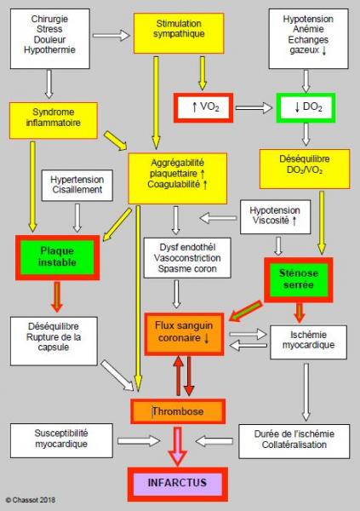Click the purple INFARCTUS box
178,485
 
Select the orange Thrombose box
178,411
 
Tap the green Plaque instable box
57,257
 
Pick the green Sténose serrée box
299,279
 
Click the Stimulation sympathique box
179,33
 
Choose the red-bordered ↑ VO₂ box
203,108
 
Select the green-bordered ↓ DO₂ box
306,108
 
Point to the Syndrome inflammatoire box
54,121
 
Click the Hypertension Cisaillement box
77,185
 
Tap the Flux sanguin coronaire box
184,334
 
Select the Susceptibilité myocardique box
61,440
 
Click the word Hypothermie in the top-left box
49,50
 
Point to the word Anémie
308,29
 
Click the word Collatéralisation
294,445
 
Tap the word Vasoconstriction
187,258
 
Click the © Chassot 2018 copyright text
31,500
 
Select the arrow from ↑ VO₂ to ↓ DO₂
254,107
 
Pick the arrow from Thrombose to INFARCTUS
177,445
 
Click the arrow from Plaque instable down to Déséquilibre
57,296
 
